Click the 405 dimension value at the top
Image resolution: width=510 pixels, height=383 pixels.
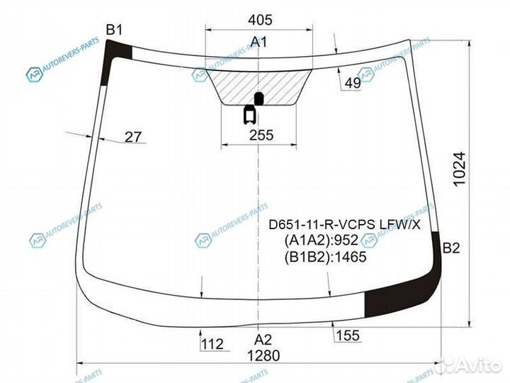260,20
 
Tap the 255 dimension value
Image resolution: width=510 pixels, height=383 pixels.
261,135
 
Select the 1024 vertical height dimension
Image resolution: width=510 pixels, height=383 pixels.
459,169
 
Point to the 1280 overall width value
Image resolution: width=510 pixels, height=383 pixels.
263,355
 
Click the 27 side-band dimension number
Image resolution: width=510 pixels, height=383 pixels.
133,137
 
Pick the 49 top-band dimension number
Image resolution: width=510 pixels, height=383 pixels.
353,84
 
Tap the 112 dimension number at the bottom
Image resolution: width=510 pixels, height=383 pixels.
212,344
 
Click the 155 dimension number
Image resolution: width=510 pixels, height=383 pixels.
348,335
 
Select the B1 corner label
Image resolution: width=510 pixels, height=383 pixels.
114,30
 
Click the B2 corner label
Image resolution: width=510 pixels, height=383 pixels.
451,248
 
